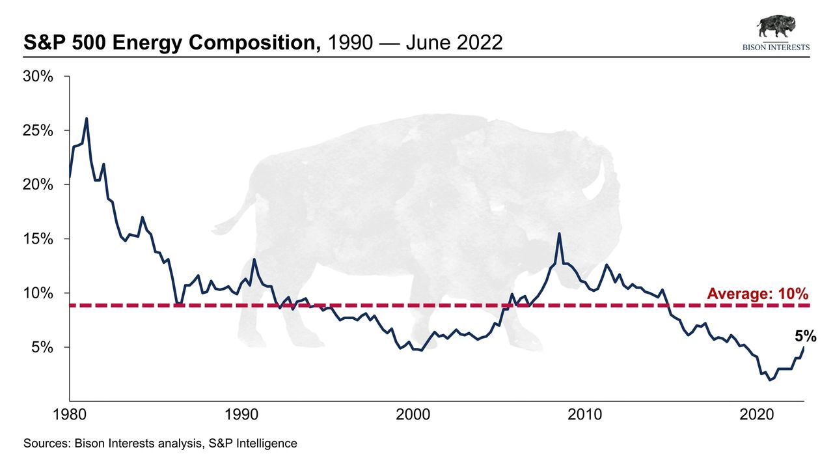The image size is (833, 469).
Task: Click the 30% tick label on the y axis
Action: tap(38, 76)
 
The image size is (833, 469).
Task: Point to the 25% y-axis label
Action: tap(38, 130)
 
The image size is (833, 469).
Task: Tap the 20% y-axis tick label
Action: tap(38, 184)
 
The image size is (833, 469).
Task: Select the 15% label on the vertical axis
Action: tap(38, 239)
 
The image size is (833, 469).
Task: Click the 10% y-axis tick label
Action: tap(38, 293)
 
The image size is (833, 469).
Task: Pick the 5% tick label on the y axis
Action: tap(42, 347)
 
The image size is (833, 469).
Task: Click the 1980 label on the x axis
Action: tap(70, 415)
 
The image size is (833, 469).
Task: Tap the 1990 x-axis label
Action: tap(241, 415)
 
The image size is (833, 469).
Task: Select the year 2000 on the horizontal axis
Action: tap(413, 415)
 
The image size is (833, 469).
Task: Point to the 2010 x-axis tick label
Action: tap(585, 415)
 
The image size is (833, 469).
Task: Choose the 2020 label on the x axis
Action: tap(757, 415)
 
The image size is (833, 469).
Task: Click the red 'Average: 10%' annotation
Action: tap(758, 294)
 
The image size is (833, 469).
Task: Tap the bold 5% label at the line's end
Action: tap(805, 336)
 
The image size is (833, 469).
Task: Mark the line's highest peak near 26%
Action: tap(87, 119)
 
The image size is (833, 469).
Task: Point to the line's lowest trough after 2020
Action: tap(771, 380)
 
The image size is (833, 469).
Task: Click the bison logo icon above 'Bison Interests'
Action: tap(776, 27)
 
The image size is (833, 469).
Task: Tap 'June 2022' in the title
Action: tap(454, 43)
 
